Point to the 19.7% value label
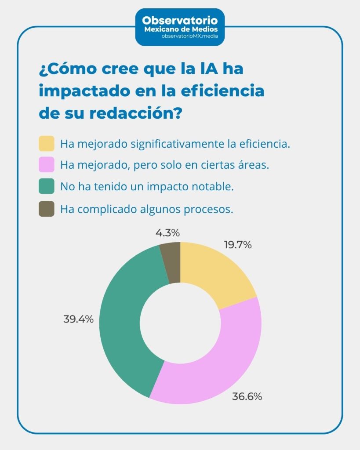(238, 245)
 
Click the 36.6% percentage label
(247, 396)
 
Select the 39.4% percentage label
(78, 319)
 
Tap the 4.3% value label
(167, 233)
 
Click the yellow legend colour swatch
(47, 144)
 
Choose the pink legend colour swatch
(47, 165)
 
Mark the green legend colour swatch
(47, 186)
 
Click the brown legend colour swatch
(47, 209)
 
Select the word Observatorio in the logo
(179, 21)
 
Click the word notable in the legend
(216, 187)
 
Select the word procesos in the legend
(211, 209)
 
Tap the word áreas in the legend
(253, 165)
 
